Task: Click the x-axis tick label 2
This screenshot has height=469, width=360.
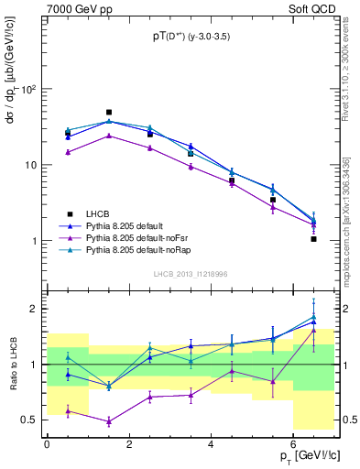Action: pos(129,443)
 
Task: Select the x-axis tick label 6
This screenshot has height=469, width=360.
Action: pos(294,443)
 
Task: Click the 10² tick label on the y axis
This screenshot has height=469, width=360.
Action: pos(27,90)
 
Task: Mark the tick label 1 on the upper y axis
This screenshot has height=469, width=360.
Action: pos(34,241)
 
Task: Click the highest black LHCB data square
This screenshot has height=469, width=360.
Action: pos(109,113)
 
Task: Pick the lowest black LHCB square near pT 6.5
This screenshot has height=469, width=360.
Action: pos(313,239)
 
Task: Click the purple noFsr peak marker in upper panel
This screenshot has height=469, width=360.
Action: pos(109,136)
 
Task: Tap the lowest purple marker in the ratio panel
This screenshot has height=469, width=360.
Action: pos(109,421)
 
